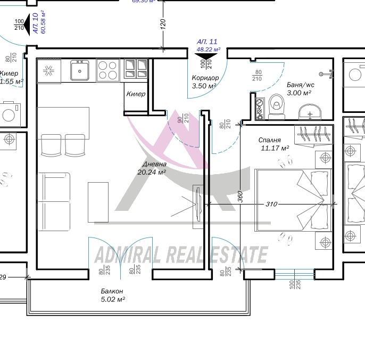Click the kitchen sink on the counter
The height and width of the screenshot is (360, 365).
79,70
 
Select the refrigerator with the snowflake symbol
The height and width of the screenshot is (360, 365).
48,70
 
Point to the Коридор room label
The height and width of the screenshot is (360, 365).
205,78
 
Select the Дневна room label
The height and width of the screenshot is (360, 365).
154,165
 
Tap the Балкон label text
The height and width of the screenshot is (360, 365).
112,291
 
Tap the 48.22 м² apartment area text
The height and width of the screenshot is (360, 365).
209,48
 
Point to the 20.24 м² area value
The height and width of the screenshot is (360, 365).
152,172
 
